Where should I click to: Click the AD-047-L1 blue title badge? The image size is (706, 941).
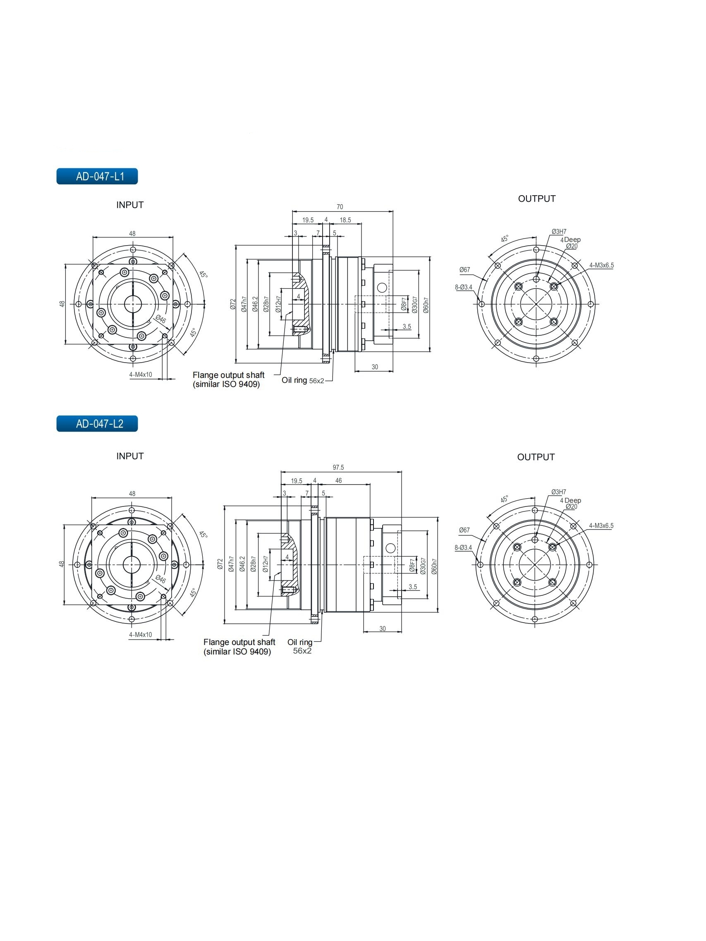pyautogui.click(x=97, y=176)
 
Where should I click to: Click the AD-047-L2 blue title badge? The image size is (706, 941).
pyautogui.click(x=97, y=424)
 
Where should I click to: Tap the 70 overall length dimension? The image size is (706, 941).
pyautogui.click(x=340, y=207)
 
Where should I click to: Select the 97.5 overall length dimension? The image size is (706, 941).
pyautogui.click(x=338, y=468)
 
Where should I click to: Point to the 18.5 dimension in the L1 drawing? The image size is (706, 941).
pyautogui.click(x=345, y=220)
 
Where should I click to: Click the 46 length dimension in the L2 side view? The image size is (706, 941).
pyautogui.click(x=338, y=481)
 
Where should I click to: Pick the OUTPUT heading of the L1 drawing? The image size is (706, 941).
pyautogui.click(x=536, y=199)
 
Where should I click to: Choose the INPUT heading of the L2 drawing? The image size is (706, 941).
pyautogui.click(x=130, y=456)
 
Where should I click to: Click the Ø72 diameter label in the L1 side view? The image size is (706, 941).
pyautogui.click(x=233, y=304)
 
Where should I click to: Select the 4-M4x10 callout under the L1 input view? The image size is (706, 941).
pyautogui.click(x=141, y=375)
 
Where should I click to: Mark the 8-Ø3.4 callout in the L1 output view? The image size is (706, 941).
pyautogui.click(x=464, y=287)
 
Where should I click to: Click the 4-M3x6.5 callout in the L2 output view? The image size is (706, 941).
pyautogui.click(x=601, y=526)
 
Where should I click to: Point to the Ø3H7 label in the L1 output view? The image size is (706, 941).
pyautogui.click(x=559, y=232)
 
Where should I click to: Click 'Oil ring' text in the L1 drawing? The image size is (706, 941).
pyautogui.click(x=294, y=380)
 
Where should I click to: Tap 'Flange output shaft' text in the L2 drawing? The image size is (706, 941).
pyautogui.click(x=239, y=642)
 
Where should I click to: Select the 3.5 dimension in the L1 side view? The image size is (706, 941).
pyautogui.click(x=407, y=327)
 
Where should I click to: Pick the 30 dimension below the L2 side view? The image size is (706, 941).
pyautogui.click(x=382, y=629)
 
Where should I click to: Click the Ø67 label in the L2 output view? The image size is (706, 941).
pyautogui.click(x=464, y=530)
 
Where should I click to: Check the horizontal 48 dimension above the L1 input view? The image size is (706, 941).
pyautogui.click(x=132, y=234)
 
